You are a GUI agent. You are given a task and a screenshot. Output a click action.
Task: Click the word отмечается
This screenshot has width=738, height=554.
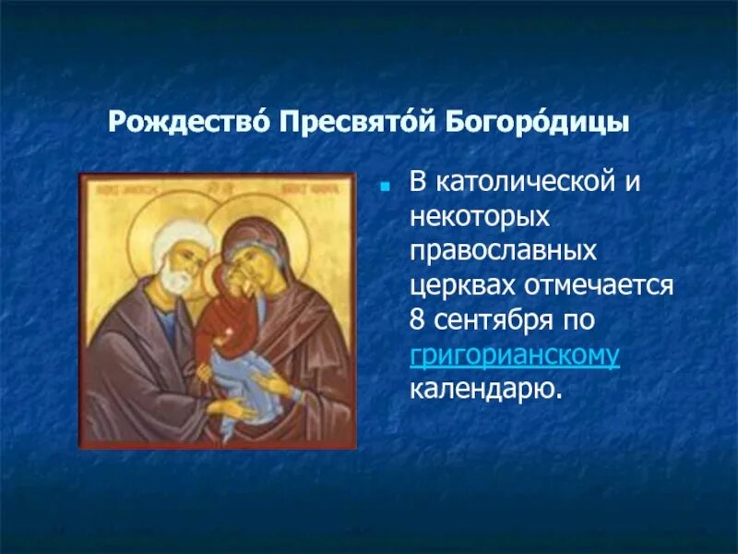pos(603,285)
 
